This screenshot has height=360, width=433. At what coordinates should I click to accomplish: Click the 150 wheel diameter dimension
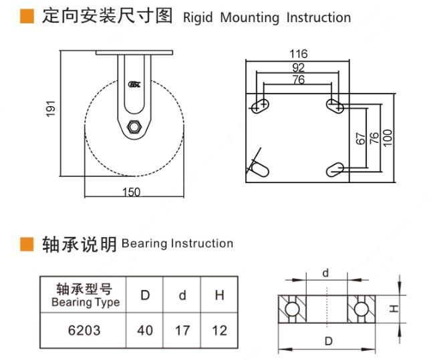click(132, 192)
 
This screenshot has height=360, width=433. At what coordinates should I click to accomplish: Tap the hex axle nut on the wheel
click(134, 126)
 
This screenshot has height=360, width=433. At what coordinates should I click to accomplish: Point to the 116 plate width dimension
click(298, 53)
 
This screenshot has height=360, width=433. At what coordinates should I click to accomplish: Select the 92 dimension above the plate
click(298, 67)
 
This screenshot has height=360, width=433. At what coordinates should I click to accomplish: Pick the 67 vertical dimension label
click(361, 138)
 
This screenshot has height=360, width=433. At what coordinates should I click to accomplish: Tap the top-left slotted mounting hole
click(260, 105)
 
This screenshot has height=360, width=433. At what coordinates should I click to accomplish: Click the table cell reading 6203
click(84, 330)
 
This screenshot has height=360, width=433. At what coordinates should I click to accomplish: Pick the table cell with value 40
click(145, 330)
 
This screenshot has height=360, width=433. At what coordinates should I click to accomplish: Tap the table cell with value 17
click(182, 330)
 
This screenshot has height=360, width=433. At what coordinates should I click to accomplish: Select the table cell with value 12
click(219, 330)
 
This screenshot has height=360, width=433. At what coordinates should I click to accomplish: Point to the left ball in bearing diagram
click(291, 309)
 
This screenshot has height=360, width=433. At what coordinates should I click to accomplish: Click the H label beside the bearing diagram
click(394, 309)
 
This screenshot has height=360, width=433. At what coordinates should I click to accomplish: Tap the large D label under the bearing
click(329, 341)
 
